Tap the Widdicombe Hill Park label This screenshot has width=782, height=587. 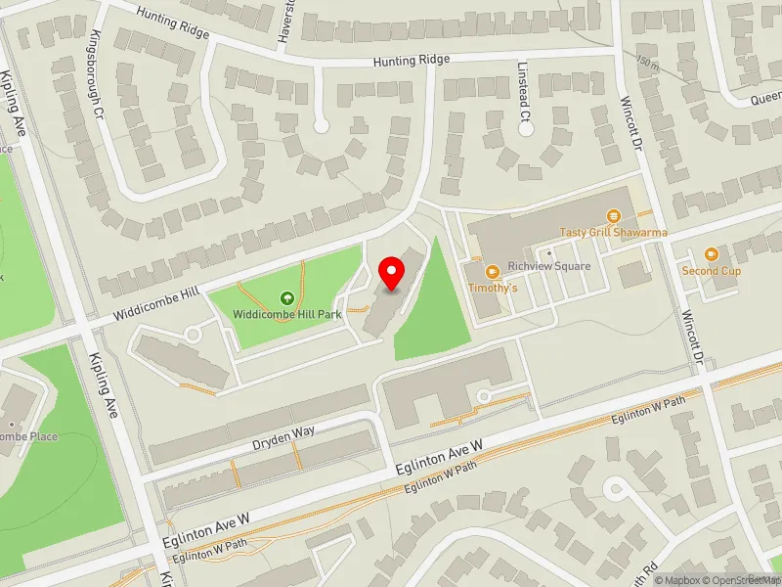click(286, 315)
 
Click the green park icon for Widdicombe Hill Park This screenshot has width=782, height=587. click(286, 298)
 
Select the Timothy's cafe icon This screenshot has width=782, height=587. click(493, 271)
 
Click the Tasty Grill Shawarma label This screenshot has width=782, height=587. click(613, 233)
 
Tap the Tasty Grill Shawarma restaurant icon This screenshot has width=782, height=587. click(614, 216)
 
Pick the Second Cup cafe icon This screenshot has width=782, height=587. click(711, 254)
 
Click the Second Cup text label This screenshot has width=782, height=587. click(711, 271)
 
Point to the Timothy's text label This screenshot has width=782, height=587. click(493, 289)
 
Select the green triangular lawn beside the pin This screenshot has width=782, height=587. click(430, 308)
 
